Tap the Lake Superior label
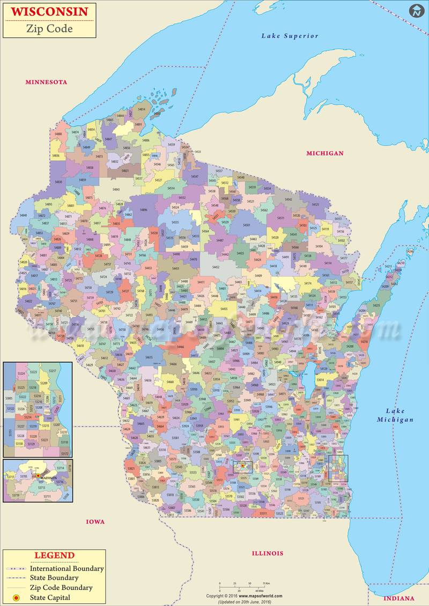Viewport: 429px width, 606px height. pos(290,36)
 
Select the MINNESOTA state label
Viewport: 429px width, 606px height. pos(47,82)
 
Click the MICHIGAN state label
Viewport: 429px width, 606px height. pos(324,153)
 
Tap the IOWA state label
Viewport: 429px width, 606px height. pos(95,521)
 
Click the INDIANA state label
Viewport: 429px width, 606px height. pos(398,598)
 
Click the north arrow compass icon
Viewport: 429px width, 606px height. pos(416,11)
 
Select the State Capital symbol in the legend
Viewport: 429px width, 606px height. pos(16,597)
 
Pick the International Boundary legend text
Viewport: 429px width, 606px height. pos(66,568)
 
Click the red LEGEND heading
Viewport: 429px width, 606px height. pos(54,556)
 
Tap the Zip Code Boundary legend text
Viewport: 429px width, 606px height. pos(61,588)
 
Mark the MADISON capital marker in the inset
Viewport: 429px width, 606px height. pos(39,475)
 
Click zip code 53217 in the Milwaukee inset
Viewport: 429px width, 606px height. pos(53,371)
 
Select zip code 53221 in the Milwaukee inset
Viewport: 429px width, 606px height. pos(45,440)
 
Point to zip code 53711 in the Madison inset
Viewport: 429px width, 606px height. pos(47,496)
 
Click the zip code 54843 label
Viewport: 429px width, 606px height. pos(116,189)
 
